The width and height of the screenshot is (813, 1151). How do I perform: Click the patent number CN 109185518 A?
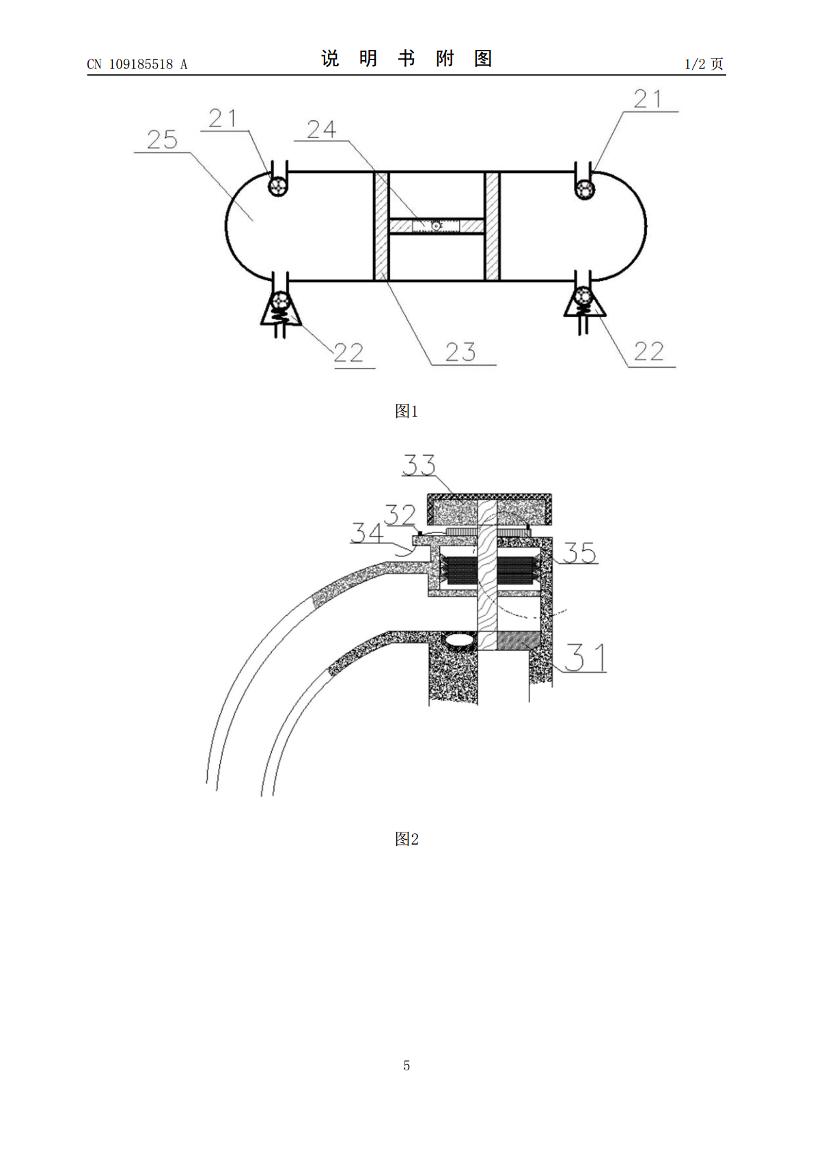coord(137,64)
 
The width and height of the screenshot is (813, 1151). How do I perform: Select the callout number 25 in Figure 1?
coord(163,139)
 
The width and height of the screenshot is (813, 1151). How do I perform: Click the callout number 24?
coord(322,129)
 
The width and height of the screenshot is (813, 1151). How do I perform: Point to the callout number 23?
coord(460,352)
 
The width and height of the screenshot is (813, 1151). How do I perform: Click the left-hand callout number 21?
coord(223,119)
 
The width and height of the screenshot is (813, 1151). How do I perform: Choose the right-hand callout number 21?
coord(647,98)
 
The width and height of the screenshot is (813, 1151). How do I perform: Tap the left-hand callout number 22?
coord(348,353)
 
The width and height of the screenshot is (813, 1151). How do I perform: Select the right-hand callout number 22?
coord(649,351)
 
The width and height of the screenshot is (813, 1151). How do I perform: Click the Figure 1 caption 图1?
coord(406,411)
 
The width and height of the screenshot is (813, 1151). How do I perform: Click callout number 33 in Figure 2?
coord(419,465)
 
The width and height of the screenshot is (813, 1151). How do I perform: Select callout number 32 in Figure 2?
coord(400,515)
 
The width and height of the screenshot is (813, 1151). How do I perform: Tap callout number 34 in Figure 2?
coord(367,532)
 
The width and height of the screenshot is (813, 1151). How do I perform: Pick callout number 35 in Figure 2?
coord(579,553)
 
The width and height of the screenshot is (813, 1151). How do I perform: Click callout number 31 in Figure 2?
coord(585,658)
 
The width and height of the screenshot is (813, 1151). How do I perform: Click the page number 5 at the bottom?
coord(406,1066)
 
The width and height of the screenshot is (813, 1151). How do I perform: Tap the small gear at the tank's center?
coord(436,226)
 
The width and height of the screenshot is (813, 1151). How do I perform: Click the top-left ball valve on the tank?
coord(278,186)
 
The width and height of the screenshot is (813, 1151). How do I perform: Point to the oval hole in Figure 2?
coord(460,639)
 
